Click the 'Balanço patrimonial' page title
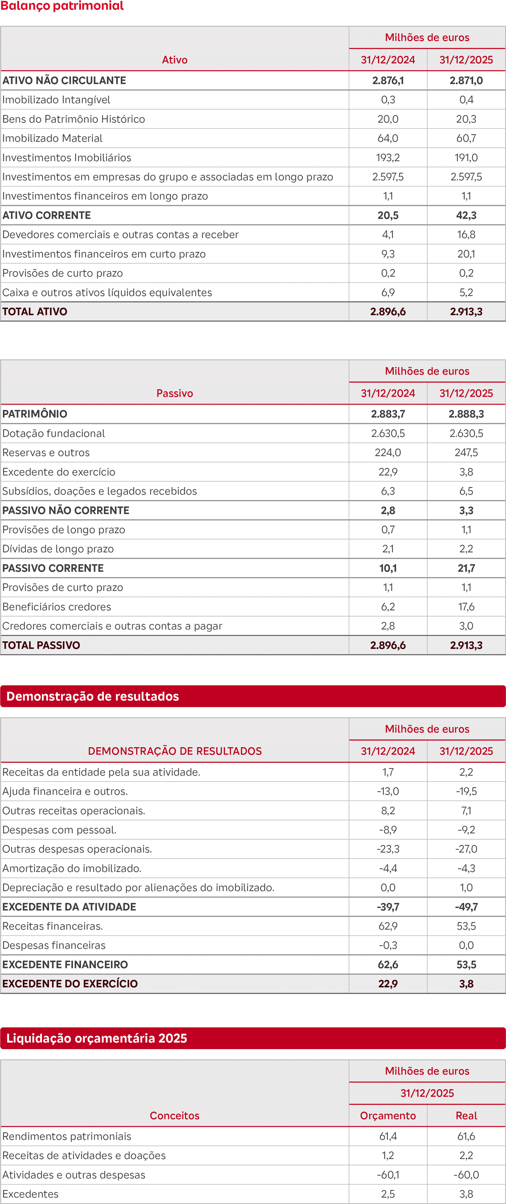62,6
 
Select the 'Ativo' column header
174,60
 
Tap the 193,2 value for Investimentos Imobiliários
388,157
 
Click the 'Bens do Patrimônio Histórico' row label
73,119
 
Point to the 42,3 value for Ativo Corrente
466,215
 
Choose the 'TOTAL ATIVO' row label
35,312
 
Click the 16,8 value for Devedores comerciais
466,235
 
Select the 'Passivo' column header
174,394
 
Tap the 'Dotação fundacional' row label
53,433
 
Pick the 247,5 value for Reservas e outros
466,453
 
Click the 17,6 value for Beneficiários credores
466,607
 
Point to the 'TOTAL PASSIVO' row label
41,645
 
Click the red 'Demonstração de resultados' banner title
92,696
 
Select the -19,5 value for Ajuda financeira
466,791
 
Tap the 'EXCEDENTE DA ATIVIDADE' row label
69,907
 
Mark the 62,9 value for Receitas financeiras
388,926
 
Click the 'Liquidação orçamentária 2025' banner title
96,1038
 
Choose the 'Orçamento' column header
388,1116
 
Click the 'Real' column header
466,1116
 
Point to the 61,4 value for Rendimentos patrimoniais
388,1136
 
